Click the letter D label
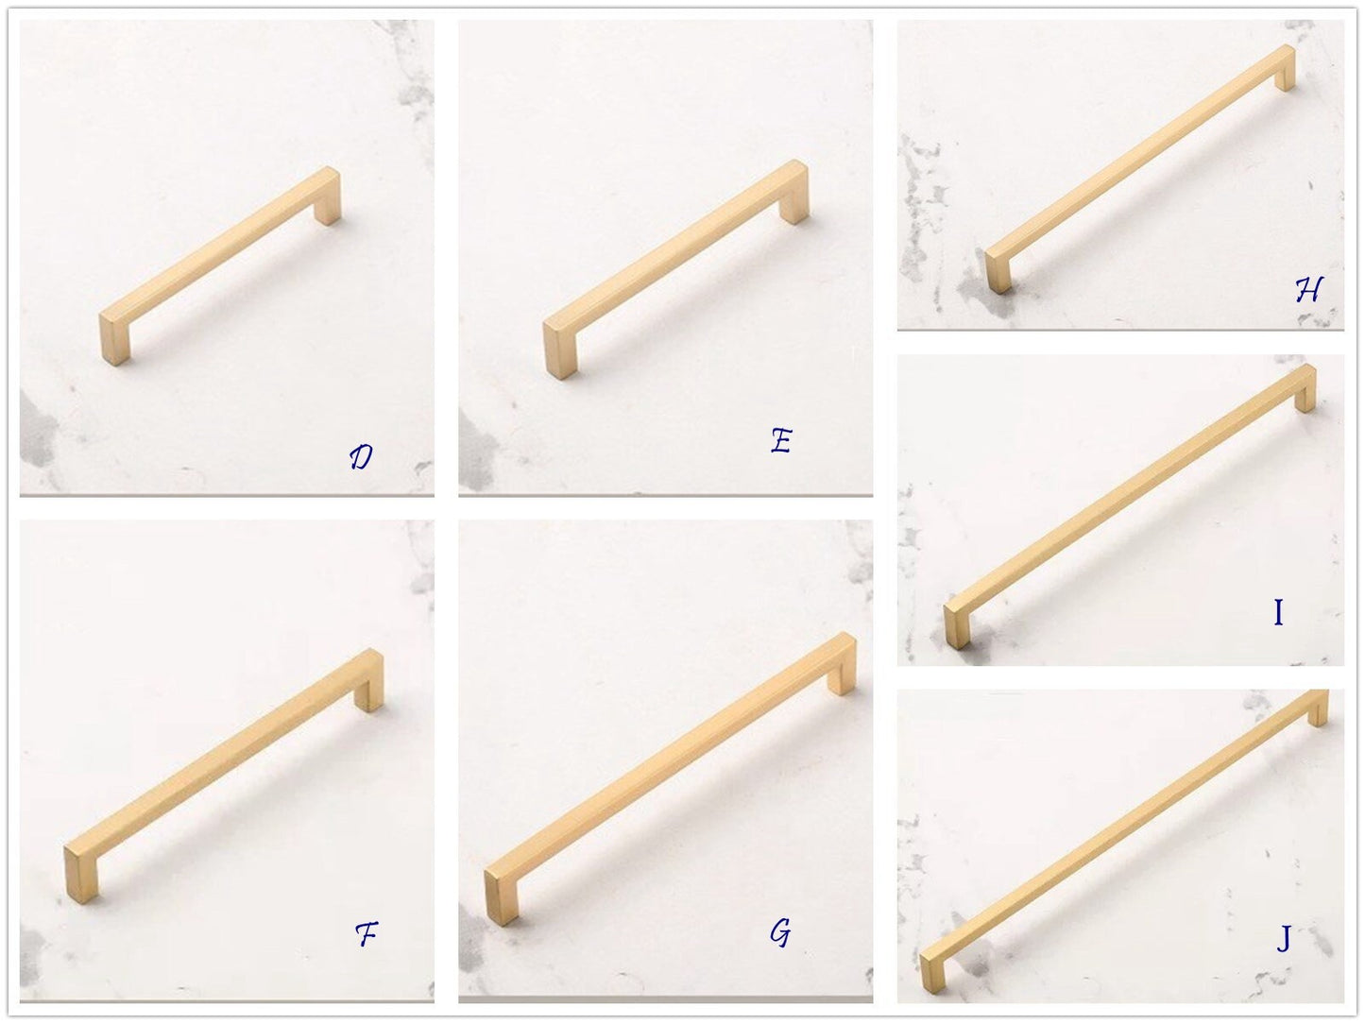click(361, 457)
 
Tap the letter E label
click(781, 440)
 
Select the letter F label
click(367, 933)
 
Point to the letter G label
click(780, 932)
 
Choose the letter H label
click(1308, 290)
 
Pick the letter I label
click(1278, 612)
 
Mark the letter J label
click(1284, 938)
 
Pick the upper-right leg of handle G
click(843, 669)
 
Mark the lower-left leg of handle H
click(998, 271)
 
